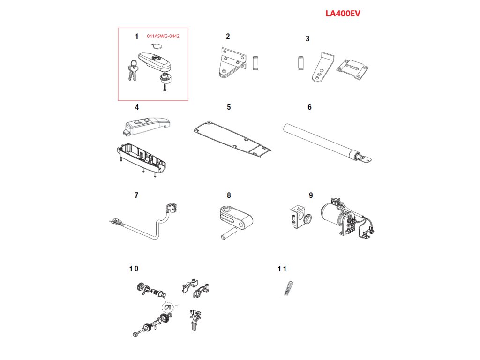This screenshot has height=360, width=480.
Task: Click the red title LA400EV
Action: point(343,14)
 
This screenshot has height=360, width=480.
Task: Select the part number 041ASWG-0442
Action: point(163,36)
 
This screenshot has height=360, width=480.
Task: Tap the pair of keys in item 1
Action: point(132,72)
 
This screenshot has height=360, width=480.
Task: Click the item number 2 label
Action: point(228,36)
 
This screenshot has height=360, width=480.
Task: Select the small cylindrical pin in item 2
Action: point(255,63)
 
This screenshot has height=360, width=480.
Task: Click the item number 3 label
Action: point(307,38)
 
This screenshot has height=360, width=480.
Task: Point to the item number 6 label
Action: point(309,107)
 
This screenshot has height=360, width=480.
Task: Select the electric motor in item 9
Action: point(334,217)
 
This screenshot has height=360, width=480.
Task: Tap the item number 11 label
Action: point(282,269)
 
